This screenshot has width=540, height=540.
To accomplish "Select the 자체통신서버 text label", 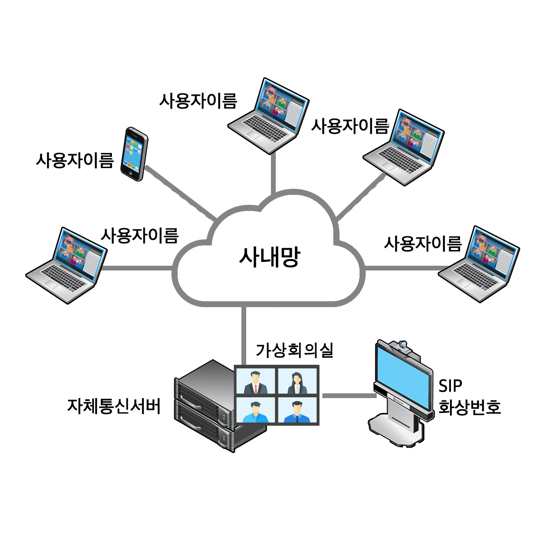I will point(114,406).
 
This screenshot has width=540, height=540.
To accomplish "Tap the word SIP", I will point(450,386).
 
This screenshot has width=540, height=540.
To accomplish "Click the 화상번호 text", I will point(469,407).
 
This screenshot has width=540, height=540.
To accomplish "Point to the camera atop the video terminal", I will point(402,345).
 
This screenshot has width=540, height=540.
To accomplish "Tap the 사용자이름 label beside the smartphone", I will point(75,160).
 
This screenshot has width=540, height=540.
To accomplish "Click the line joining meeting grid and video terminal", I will point(347,396).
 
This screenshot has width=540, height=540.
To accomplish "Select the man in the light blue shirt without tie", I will point(255,412).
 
